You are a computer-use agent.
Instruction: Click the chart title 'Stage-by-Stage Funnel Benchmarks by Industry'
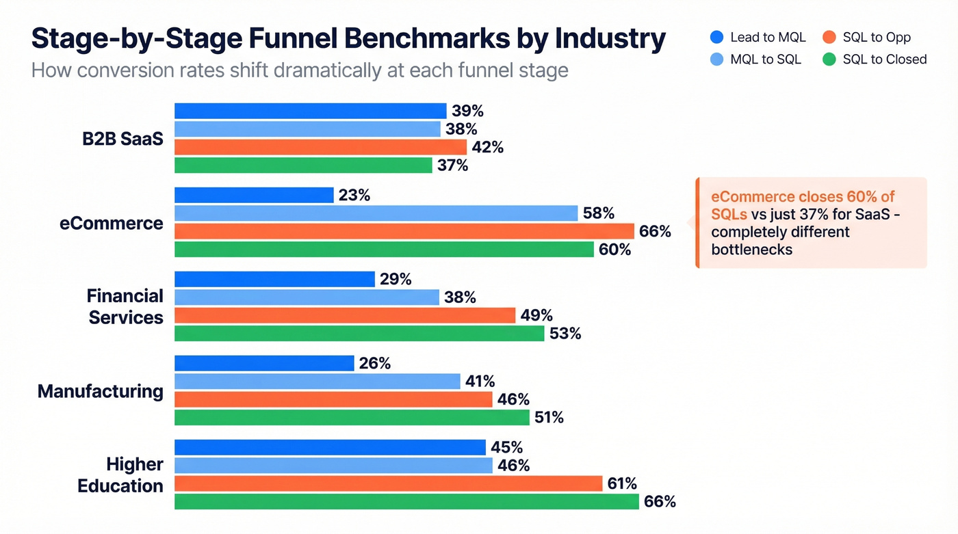(x=348, y=39)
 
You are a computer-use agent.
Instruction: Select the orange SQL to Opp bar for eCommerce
(x=404, y=231)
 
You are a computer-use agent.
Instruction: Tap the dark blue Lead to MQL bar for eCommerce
(x=254, y=195)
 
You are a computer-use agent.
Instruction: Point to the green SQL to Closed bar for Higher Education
(x=406, y=501)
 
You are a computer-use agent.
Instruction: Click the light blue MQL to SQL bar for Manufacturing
(x=318, y=381)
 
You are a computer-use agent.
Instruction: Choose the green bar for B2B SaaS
(x=303, y=165)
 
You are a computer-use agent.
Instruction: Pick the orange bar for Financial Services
(x=345, y=315)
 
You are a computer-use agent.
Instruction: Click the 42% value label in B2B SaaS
(x=487, y=147)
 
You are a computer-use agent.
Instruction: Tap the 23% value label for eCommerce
(x=354, y=195)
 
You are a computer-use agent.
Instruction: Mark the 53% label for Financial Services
(x=565, y=334)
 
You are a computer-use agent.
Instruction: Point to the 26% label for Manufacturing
(x=374, y=363)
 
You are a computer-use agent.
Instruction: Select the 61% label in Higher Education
(x=621, y=483)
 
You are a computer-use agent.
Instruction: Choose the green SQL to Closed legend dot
(x=829, y=59)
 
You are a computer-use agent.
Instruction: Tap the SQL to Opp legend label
(x=877, y=38)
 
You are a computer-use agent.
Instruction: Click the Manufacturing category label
(x=101, y=391)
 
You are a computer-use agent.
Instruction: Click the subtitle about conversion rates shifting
(x=300, y=70)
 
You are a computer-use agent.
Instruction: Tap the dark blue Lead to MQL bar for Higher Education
(x=330, y=447)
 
